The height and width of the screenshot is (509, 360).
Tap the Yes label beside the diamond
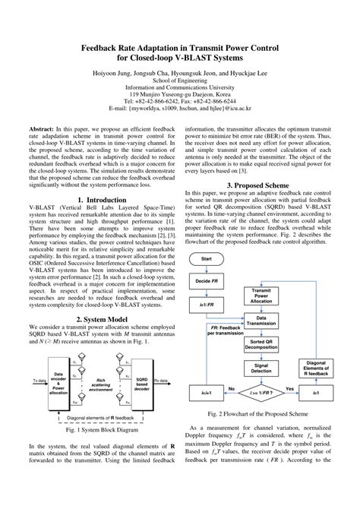pos(289,389)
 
